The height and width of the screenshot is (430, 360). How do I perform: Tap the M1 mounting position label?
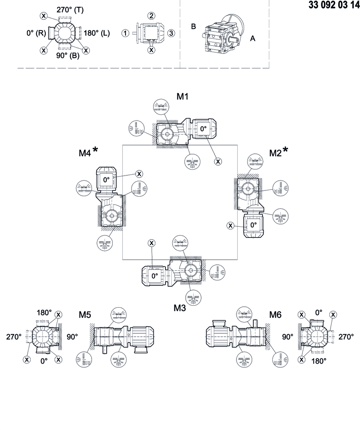(x=182, y=97)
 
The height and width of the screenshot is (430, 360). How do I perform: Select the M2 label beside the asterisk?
(x=276, y=153)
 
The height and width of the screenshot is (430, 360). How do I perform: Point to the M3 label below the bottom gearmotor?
(x=180, y=308)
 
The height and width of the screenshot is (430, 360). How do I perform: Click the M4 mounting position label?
(x=85, y=153)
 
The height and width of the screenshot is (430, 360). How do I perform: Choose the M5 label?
(x=86, y=314)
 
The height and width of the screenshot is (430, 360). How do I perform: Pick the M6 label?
(x=276, y=314)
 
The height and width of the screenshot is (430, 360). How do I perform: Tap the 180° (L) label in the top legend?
(x=97, y=33)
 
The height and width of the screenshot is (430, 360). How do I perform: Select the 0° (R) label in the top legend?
(x=36, y=33)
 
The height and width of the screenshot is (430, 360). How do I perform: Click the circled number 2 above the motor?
(x=151, y=16)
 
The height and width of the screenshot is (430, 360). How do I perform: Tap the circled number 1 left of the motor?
(x=125, y=33)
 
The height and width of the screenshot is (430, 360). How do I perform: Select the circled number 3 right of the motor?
(x=171, y=33)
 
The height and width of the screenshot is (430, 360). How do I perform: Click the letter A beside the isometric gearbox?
(x=252, y=38)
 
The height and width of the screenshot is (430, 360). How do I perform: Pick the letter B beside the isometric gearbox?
(x=193, y=26)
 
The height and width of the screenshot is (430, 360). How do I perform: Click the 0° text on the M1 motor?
(x=204, y=129)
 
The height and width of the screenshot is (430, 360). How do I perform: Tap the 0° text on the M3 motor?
(x=155, y=276)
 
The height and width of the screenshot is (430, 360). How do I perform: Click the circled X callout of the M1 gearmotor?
(x=218, y=161)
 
